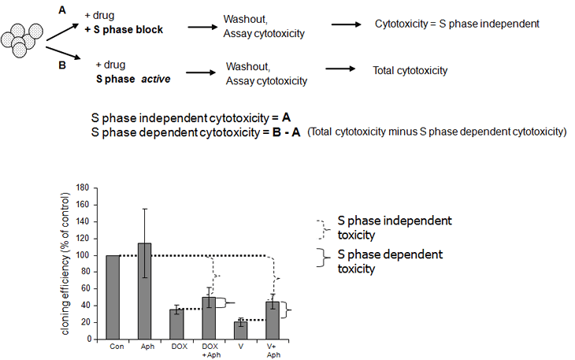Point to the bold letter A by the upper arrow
coord(61,9)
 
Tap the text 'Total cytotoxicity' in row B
coord(410,71)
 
